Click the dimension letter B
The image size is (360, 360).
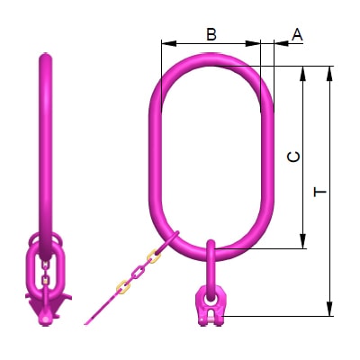[211, 34]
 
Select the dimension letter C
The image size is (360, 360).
[292, 157]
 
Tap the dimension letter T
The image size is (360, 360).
[319, 192]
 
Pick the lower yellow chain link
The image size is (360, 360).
[121, 287]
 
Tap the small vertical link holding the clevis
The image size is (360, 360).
[210, 262]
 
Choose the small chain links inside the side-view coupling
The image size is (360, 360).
[41, 269]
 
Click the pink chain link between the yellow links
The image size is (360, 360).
[137, 273]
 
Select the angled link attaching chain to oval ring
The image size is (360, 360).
[168, 243]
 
